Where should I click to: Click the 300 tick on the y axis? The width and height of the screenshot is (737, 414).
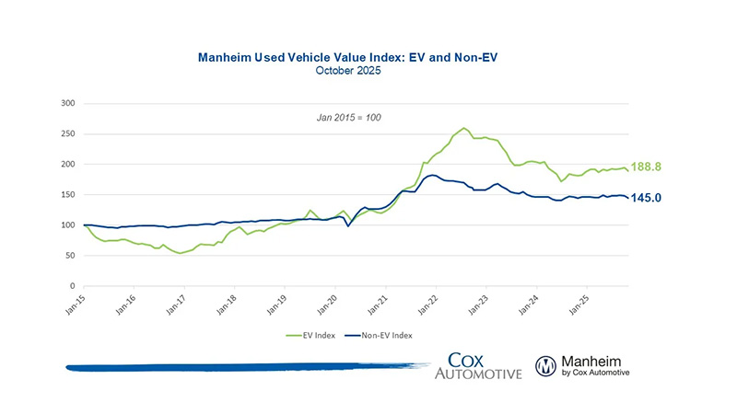[67, 103]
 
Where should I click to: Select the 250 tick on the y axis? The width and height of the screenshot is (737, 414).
[67, 133]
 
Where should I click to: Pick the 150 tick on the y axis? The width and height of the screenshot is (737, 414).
[67, 194]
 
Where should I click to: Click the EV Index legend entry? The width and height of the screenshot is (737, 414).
[313, 336]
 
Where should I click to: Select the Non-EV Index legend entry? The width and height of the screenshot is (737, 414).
[384, 336]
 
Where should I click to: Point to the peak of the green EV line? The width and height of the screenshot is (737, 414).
[463, 128]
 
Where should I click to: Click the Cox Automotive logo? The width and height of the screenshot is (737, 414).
[485, 365]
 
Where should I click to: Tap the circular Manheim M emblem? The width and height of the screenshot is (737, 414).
[546, 366]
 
